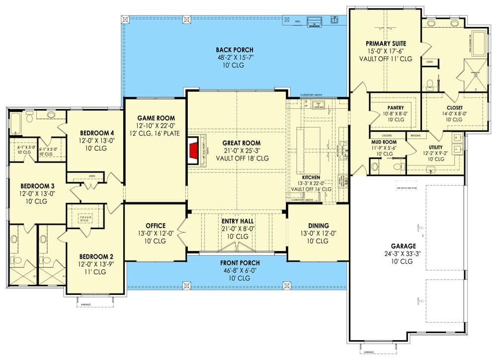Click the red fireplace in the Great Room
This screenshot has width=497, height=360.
(x=193, y=149)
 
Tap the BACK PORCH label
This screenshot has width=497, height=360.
(x=235, y=50)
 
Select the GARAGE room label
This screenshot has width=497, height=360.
(x=403, y=246)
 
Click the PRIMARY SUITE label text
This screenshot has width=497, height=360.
(x=386, y=43)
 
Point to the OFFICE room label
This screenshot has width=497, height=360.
(x=156, y=226)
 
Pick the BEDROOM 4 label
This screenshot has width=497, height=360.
(x=97, y=133)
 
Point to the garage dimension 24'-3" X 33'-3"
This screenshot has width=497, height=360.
(x=403, y=254)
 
